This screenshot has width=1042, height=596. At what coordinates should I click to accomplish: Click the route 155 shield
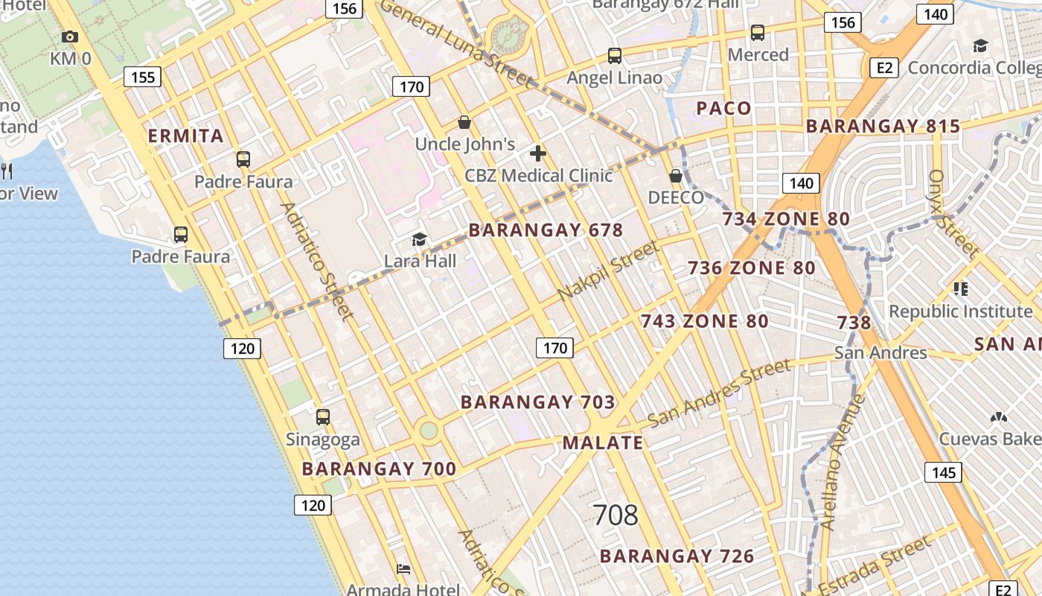click(x=142, y=77)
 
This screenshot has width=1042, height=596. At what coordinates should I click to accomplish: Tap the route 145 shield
click(x=943, y=472)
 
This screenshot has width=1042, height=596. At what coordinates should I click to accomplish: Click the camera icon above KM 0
click(x=70, y=37)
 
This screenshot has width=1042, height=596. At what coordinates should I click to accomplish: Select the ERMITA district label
click(x=185, y=136)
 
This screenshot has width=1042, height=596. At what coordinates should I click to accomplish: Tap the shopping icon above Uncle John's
click(x=464, y=122)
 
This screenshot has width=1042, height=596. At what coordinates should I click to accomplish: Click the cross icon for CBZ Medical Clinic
click(x=537, y=154)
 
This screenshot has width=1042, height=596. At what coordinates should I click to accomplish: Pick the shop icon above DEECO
click(x=676, y=177)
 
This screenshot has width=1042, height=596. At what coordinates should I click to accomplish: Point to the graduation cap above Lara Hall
click(x=420, y=240)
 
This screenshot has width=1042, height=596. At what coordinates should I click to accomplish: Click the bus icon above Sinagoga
click(x=322, y=417)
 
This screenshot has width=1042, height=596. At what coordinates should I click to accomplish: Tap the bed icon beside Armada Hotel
click(x=403, y=569)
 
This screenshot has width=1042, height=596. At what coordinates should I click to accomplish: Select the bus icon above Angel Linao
click(x=615, y=56)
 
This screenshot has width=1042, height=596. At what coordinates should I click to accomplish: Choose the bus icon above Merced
click(x=758, y=33)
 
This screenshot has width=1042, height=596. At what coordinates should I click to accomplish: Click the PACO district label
click(x=723, y=109)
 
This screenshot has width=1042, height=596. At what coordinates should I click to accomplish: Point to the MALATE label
click(x=603, y=443)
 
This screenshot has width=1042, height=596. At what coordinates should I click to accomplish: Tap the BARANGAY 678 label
click(x=546, y=230)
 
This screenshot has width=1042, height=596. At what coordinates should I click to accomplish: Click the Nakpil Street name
click(x=608, y=270)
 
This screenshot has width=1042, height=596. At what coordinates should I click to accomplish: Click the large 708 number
click(x=616, y=515)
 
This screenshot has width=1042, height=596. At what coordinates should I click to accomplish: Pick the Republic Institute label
click(x=960, y=311)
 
